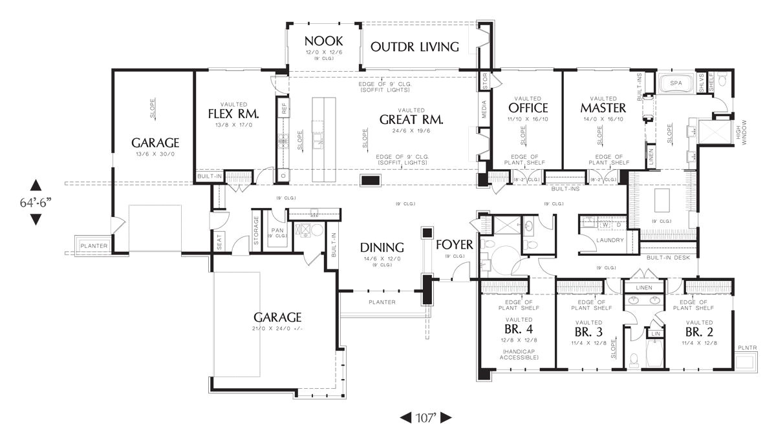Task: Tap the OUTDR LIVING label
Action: (x=415, y=47)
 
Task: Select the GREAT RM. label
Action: (x=411, y=119)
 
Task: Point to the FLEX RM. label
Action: (x=233, y=114)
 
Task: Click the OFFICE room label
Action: (x=528, y=107)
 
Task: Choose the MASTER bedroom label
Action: (x=603, y=107)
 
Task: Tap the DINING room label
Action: (x=382, y=247)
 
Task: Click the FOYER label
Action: (x=455, y=245)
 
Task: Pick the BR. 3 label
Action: (x=590, y=331)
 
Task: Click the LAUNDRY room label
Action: (x=610, y=240)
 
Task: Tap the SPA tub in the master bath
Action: (x=676, y=83)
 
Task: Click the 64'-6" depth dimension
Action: (x=36, y=202)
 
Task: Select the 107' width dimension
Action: (x=426, y=417)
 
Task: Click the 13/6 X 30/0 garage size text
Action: (x=155, y=155)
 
